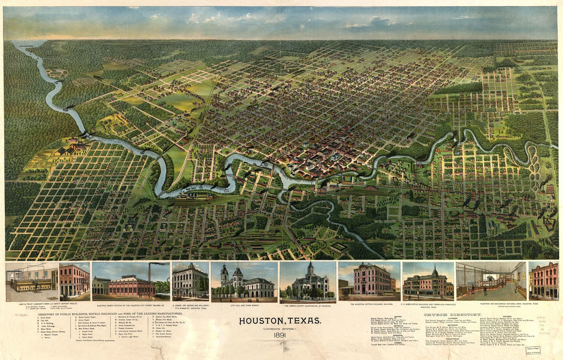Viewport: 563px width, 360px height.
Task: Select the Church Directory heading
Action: point(452,315)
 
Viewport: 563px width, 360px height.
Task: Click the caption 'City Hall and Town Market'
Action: point(245,306)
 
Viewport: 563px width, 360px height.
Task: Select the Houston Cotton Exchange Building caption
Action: point(371,304)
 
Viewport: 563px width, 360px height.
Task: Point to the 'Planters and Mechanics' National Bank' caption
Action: point(509,304)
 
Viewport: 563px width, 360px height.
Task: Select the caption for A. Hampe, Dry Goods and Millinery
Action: point(191,306)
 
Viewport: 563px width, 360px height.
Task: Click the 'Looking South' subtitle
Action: point(280,328)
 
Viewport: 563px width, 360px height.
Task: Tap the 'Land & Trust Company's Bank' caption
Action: point(52,303)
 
